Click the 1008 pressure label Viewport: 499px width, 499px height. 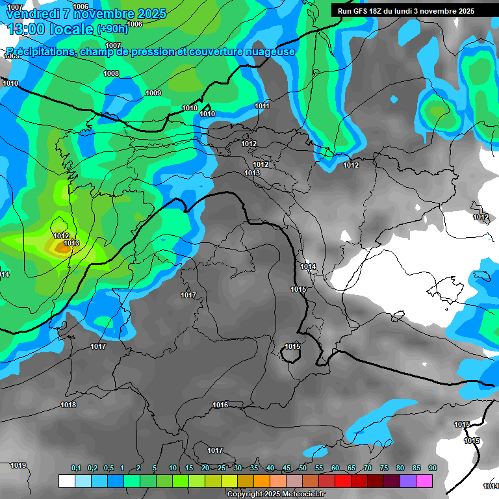[111, 74]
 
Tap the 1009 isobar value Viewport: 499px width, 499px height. [153, 94]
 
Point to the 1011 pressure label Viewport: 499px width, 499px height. [262, 107]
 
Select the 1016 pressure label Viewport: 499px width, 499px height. [220, 405]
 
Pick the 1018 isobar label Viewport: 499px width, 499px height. [68, 405]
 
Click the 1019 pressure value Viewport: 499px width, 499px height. [18, 466]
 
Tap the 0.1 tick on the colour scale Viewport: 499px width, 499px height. [76, 468]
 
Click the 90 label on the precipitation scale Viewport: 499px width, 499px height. [432, 468]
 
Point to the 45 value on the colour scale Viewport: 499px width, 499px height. [286, 468]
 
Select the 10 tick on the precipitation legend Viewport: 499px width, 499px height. [172, 468]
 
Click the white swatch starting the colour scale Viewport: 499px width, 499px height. [66, 481]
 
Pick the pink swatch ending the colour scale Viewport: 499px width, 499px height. [424, 481]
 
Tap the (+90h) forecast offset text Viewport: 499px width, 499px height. [112, 29]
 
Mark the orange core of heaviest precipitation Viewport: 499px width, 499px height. [62, 248]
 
